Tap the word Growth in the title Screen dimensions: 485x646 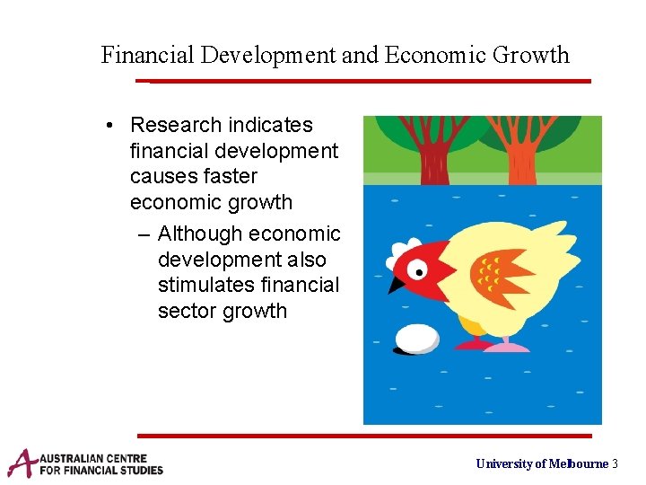coord(529,56)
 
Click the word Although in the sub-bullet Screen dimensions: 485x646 coord(200,234)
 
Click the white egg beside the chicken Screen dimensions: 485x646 coord(417,339)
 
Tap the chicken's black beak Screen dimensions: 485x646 coord(397,284)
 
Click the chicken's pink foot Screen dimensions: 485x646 coord(507,345)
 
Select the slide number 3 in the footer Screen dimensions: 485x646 coord(615,463)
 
